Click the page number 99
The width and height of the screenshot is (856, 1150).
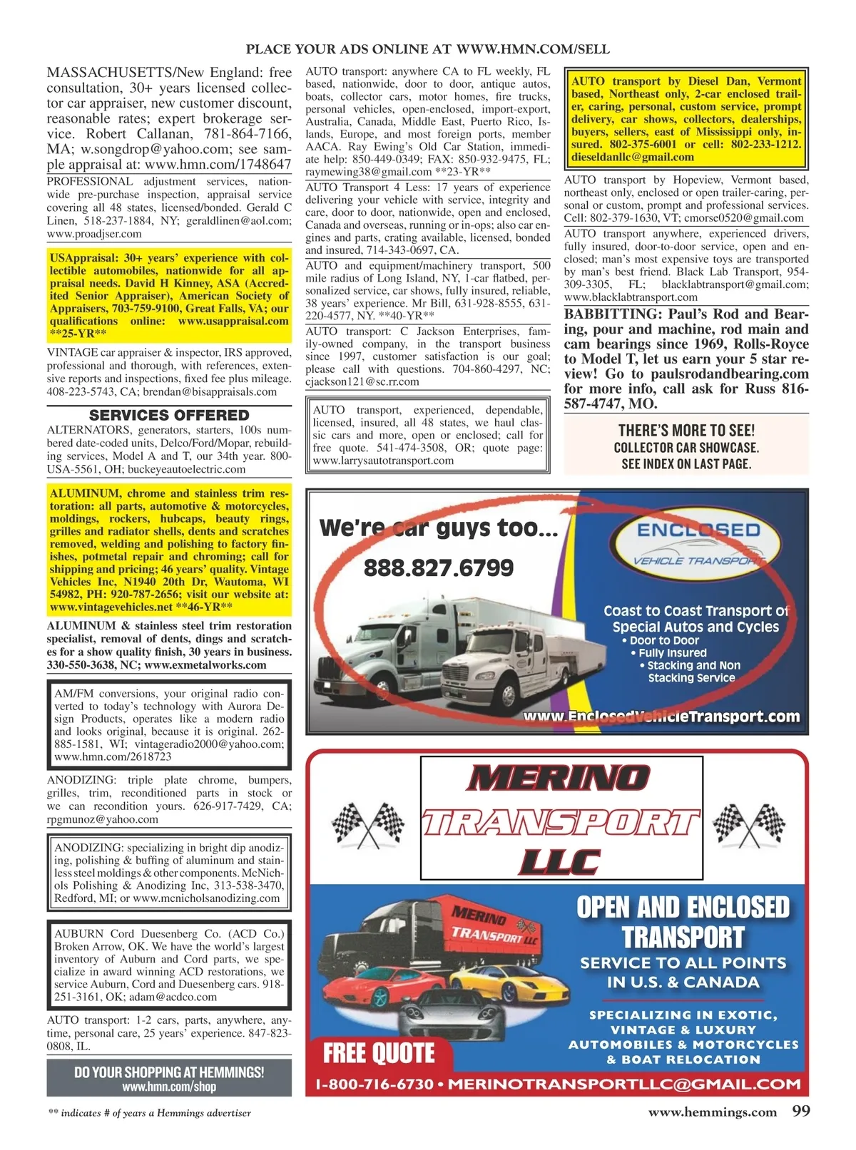tap(800, 1111)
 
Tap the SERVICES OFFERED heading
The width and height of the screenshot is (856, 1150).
tap(169, 415)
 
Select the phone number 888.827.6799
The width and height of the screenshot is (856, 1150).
tap(439, 568)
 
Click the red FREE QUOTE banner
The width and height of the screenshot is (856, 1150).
tap(379, 1053)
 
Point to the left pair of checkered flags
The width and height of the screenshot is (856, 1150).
tap(370, 823)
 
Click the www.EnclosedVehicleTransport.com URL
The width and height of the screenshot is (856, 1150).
tap(661, 717)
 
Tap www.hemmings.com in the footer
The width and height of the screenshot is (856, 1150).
tap(712, 1112)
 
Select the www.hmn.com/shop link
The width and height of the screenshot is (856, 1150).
tap(169, 1087)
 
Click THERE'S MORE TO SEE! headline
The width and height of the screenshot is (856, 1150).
tap(686, 430)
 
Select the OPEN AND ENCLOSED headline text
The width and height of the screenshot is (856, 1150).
tap(683, 908)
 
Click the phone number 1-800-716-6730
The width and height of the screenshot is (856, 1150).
tap(374, 1084)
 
